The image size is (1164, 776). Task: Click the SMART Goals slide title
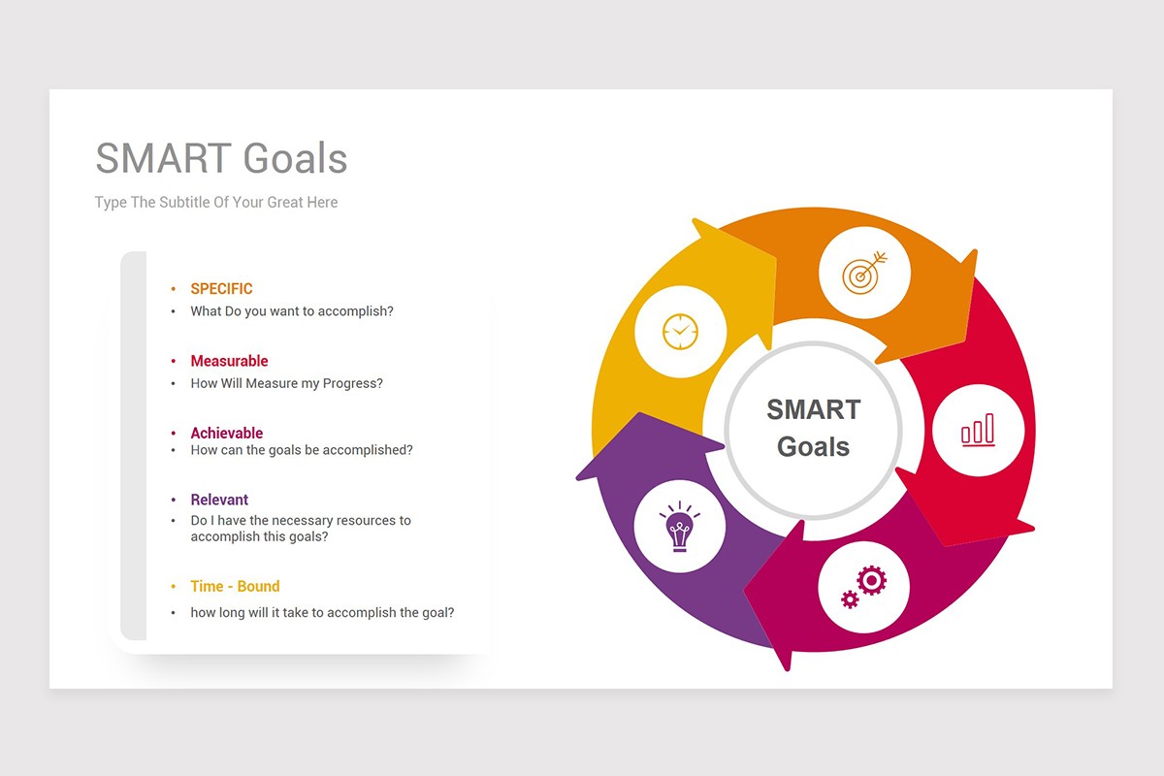coord(221,158)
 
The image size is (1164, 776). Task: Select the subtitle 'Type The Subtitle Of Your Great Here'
coord(216,202)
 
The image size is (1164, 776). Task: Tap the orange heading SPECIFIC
coord(221,288)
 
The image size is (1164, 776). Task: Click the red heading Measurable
coord(229,361)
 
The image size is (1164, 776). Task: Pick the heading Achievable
coord(227,433)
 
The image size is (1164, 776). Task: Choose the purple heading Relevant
coord(219,500)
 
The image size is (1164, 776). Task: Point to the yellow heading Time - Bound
coord(235,586)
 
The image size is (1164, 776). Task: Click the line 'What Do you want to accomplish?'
coord(292,311)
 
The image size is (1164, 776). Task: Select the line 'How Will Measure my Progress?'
coord(286,383)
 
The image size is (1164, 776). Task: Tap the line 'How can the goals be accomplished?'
coord(302,450)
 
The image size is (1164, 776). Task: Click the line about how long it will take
coord(322,613)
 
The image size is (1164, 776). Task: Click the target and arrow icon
coord(864,273)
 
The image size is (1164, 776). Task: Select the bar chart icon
coord(978,430)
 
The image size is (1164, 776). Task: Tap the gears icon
coord(863,587)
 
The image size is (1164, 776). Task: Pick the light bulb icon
coord(679,526)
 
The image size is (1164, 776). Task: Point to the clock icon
coord(680,332)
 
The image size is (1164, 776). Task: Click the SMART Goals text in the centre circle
coord(813,428)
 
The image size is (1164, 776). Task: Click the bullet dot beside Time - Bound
coord(173,587)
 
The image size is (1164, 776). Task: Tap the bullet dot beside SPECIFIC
coord(173,289)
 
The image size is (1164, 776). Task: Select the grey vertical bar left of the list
coord(134,445)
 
